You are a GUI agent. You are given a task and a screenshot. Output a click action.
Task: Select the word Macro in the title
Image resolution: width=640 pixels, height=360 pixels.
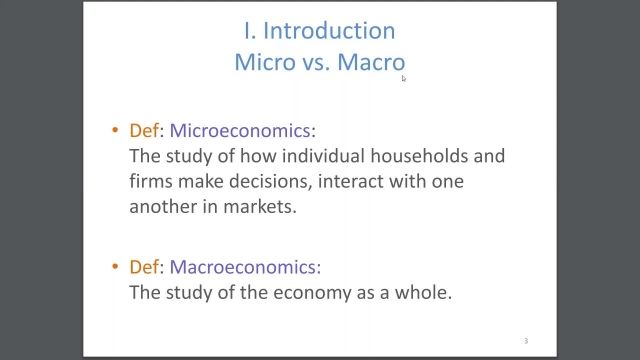pyautogui.click(x=371, y=62)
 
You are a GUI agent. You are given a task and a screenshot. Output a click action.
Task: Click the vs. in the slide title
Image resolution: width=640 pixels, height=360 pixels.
pyautogui.click(x=313, y=62)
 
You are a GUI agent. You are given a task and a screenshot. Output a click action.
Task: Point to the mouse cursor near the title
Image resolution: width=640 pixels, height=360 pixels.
pyautogui.click(x=404, y=78)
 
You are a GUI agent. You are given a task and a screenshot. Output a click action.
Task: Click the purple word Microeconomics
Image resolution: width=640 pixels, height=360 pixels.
pyautogui.click(x=241, y=130)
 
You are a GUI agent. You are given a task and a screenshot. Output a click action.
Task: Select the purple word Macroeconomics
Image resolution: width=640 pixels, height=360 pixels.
pyautogui.click(x=245, y=267)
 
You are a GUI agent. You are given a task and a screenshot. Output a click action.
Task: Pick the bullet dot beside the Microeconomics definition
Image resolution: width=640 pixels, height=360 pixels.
pyautogui.click(x=116, y=131)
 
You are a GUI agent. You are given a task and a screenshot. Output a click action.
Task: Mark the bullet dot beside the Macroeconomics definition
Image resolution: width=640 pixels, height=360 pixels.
pyautogui.click(x=116, y=268)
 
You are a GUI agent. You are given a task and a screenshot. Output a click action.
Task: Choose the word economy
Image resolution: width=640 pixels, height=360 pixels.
pyautogui.click(x=298, y=293)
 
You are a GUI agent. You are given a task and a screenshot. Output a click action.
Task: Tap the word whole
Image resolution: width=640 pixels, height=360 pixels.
pyautogui.click(x=425, y=293)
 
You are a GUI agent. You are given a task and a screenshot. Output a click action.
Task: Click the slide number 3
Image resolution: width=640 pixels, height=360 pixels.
pyautogui.click(x=525, y=341)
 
